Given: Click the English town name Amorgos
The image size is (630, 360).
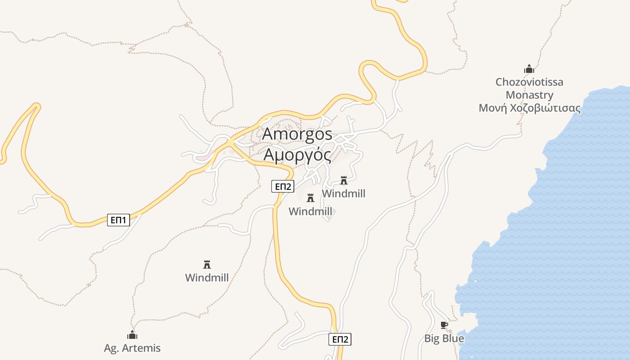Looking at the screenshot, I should [297, 134].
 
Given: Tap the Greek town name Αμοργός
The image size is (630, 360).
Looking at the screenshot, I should [297, 155].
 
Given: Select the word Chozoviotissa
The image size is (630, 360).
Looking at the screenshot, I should [529, 82].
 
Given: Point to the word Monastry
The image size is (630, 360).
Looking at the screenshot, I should [529, 95].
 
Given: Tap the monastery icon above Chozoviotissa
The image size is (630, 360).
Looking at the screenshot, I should [529, 69].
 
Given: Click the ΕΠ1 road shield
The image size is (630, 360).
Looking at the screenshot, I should [118, 220].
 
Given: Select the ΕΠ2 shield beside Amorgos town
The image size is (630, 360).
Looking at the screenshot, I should [283, 186].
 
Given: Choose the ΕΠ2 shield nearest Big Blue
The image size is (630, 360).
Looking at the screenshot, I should [340, 339].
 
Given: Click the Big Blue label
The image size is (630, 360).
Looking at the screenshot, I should [444, 338].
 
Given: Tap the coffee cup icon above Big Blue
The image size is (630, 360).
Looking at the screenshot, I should [444, 325].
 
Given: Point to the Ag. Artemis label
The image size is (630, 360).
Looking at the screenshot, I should [132, 348].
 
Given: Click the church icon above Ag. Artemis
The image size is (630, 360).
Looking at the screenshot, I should [132, 335].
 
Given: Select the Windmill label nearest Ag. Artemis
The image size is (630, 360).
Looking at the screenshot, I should [207, 278].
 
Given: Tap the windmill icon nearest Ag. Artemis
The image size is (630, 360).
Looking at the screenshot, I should [207, 264].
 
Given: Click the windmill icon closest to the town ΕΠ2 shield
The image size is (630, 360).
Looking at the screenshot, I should [310, 198].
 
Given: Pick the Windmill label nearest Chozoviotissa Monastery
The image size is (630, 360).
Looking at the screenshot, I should [344, 193].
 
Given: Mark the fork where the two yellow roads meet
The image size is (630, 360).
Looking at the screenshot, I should [231, 143].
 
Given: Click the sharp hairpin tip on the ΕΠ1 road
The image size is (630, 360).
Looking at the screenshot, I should [36, 107].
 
